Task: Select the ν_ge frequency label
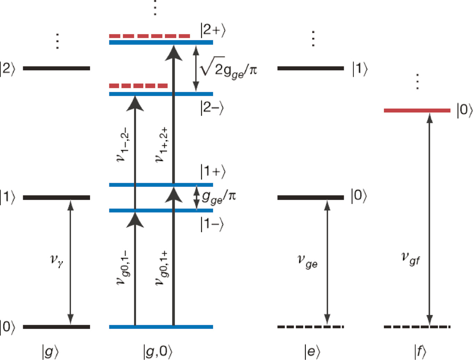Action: (307, 261)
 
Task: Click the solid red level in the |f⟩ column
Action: (417, 110)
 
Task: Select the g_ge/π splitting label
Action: (219, 197)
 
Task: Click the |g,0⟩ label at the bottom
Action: (158, 352)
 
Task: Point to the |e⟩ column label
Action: (312, 352)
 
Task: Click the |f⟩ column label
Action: (420, 352)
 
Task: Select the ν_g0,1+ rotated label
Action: (161, 268)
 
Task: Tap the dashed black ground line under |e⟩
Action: (310, 327)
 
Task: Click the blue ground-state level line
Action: (161, 327)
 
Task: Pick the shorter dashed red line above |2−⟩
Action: (138, 86)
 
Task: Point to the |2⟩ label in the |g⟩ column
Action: (8, 69)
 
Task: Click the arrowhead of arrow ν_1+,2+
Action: (173, 53)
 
